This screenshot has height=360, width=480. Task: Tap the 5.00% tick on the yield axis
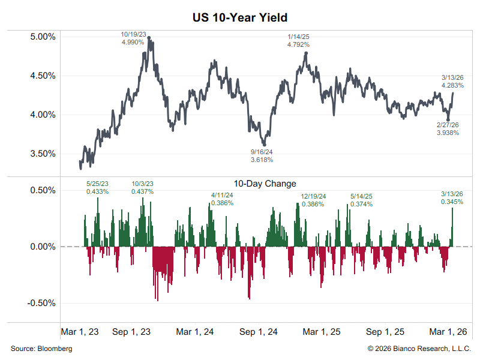(43, 37)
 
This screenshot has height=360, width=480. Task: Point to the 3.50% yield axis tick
(43, 154)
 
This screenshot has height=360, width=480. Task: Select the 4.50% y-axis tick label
(43, 76)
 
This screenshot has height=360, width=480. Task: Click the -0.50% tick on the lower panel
(41, 302)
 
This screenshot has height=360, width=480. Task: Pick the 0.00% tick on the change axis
(43, 247)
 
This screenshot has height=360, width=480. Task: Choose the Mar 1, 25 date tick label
(322, 332)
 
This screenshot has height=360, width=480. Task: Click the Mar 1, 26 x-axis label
(448, 332)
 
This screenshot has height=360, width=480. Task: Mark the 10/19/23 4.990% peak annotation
(133, 38)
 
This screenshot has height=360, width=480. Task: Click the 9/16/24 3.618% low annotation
(262, 156)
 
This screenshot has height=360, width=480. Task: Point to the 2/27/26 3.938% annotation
(448, 128)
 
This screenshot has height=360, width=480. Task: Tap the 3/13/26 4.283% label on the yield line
(452, 82)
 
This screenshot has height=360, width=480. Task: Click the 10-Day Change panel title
(265, 184)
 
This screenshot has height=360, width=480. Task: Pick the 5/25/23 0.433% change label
(97, 188)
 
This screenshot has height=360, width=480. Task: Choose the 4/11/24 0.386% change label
(222, 199)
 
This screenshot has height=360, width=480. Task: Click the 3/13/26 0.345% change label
(452, 198)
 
